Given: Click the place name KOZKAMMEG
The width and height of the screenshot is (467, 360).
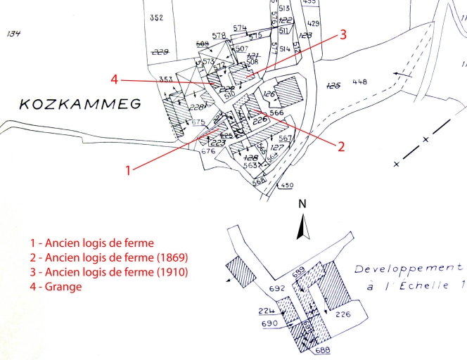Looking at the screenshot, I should point(80,105).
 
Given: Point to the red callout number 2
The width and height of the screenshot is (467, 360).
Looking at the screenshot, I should point(341,146).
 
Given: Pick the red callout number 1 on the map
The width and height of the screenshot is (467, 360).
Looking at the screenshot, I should point(128,169).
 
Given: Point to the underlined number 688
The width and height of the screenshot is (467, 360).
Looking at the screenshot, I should point(322,349).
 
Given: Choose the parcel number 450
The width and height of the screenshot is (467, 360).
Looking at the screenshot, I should point(286,185).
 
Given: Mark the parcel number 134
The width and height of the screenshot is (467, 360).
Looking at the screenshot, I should point(13,33).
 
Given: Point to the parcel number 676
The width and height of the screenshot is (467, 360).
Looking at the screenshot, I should point(207,150).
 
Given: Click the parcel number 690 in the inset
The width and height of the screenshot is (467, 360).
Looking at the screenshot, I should point(269,323).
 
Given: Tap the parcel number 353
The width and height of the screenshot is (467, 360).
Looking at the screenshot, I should point(166,78).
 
